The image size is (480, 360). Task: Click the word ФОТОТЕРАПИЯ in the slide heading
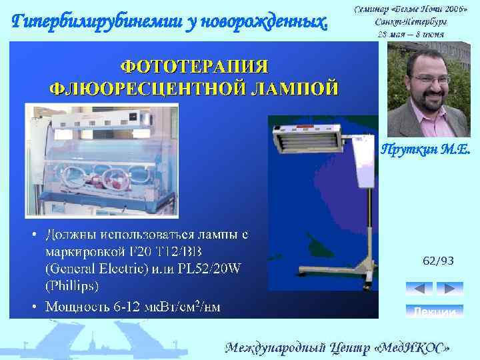pyautogui.click(x=194, y=67)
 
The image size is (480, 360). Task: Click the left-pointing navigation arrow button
pyautogui.click(x=419, y=289)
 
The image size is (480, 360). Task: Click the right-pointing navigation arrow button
pyautogui.click(x=450, y=289)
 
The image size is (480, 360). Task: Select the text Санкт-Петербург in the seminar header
pyautogui.click(x=411, y=21)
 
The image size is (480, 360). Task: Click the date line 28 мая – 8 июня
pyautogui.click(x=411, y=33)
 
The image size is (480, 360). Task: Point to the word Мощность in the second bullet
pyautogui.click(x=75, y=307)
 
